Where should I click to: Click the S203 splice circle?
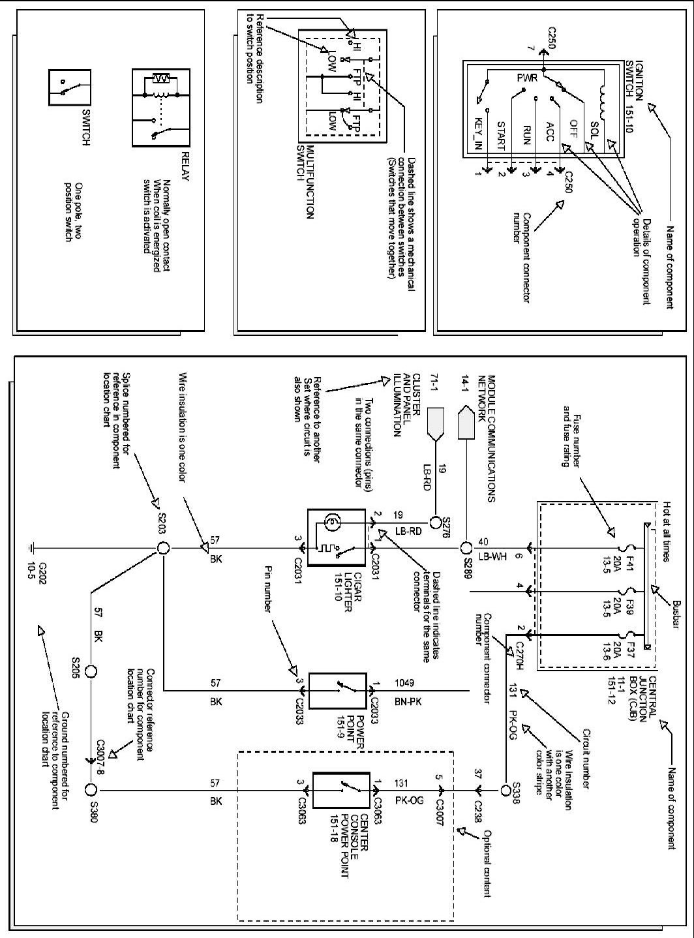[163, 549]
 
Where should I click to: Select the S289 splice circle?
[466, 549]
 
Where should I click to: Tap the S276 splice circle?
[435, 522]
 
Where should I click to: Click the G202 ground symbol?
[32, 549]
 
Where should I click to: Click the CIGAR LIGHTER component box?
[336, 537]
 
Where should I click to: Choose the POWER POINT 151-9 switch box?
[337, 690]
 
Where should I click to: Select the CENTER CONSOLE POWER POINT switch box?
[341, 790]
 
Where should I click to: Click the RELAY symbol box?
[161, 108]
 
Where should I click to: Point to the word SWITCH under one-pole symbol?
[86, 127]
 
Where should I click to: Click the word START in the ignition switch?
[501, 136]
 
